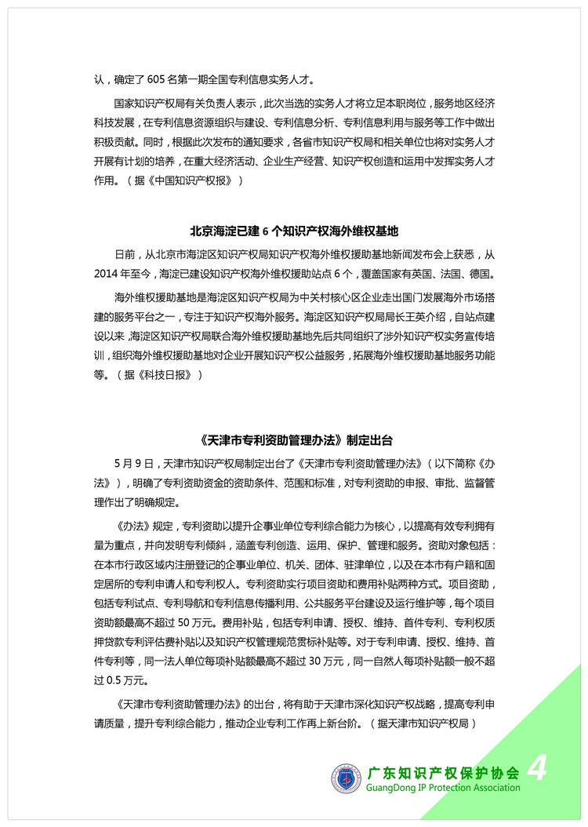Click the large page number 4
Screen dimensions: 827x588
[537, 768]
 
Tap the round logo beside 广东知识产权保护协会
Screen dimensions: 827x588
[346, 778]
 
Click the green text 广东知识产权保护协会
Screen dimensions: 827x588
[443, 771]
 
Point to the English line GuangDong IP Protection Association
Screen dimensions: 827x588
[443, 788]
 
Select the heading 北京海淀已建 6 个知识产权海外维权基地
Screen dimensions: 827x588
[294, 231]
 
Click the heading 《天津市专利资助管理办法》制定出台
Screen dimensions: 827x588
[294, 439]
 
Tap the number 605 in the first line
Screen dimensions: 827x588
[162, 79]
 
